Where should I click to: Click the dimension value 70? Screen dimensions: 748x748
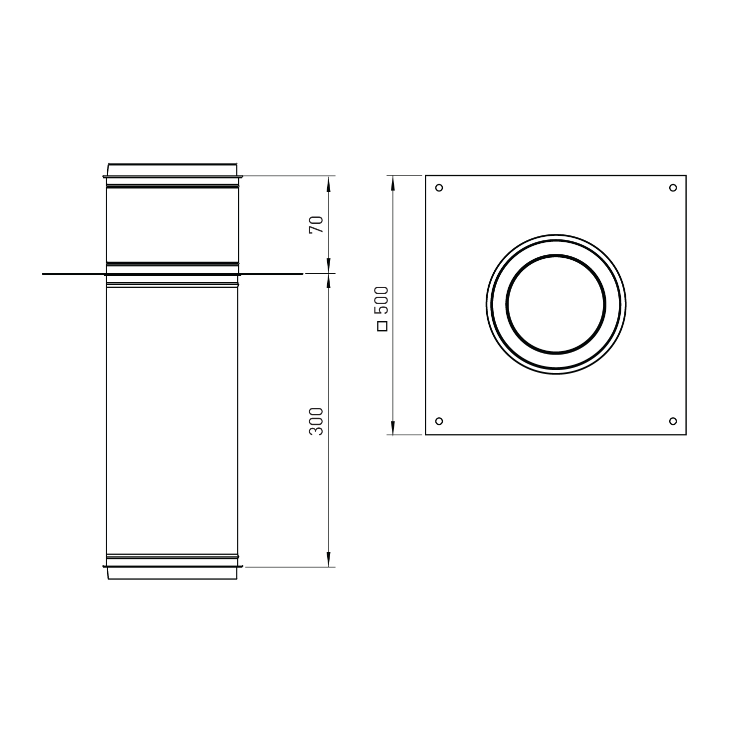(317, 224)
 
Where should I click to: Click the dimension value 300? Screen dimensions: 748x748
(317, 421)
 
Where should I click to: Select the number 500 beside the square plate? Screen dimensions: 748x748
(382, 300)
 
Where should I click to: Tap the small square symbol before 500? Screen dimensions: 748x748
(382, 327)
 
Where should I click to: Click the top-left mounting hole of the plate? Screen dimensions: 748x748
(439, 188)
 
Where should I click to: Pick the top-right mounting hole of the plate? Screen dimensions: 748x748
(673, 188)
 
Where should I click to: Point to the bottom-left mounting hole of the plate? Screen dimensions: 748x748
(439, 421)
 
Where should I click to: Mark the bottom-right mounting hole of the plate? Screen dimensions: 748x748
(673, 421)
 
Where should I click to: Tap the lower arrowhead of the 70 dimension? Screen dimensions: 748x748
(328, 266)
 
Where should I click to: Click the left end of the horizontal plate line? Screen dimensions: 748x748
(43, 274)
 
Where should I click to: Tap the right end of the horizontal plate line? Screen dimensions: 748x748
(302, 274)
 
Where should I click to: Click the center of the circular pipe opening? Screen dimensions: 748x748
(556, 304)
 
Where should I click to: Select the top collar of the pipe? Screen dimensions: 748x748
(172, 170)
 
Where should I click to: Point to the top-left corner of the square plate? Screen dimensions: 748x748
(425, 176)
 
